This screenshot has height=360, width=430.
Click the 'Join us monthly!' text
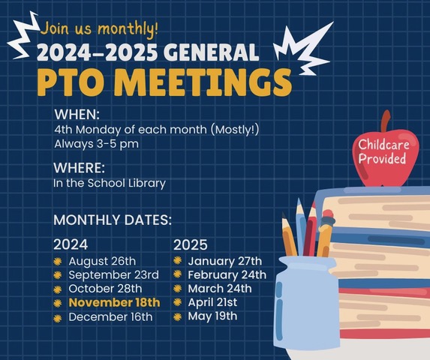(99, 29)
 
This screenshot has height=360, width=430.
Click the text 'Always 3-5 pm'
(96, 143)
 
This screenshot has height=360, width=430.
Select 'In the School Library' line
(110, 182)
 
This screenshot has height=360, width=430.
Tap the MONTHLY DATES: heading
(113, 220)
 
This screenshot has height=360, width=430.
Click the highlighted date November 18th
(114, 303)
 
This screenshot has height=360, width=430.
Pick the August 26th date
(102, 261)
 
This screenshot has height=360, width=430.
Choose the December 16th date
(110, 316)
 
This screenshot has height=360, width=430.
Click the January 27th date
(224, 261)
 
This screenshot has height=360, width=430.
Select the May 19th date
(212, 316)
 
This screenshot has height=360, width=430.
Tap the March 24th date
(219, 289)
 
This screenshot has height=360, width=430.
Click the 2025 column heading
(191, 244)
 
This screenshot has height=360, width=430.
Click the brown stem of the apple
(386, 121)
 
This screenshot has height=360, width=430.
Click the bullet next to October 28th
(57, 289)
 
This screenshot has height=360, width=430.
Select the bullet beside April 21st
(178, 302)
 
